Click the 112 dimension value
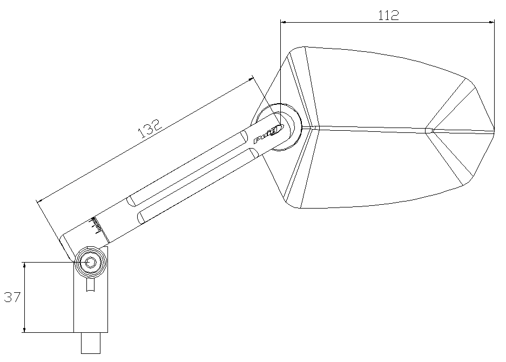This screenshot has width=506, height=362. (x=388, y=15)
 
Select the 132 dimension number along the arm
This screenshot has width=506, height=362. (x=150, y=130)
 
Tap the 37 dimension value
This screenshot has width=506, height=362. (x=12, y=297)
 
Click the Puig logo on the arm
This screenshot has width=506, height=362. (x=268, y=135)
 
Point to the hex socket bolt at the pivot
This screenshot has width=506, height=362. (x=91, y=262)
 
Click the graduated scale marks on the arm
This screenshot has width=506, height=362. (x=97, y=225)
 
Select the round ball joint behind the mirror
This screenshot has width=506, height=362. (x=280, y=128)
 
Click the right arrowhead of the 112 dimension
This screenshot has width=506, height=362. (x=491, y=22)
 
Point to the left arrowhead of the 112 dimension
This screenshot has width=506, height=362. (x=284, y=22)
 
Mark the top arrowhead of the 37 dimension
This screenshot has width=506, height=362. (x=24, y=265)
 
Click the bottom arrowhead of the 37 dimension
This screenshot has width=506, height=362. (x=24, y=330)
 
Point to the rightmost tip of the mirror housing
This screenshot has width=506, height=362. (x=494, y=131)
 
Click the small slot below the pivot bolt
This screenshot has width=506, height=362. (x=91, y=285)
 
